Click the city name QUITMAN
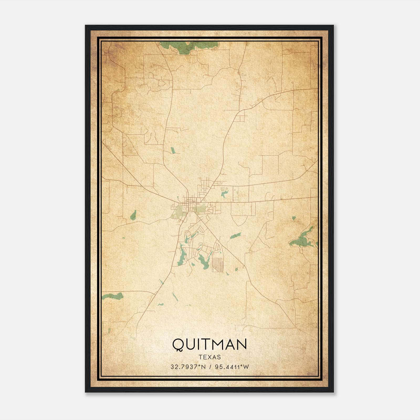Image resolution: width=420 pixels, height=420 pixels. click(209, 344)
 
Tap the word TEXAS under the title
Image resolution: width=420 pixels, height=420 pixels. click(209, 357)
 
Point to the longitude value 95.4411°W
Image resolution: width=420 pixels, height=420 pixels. click(232, 367)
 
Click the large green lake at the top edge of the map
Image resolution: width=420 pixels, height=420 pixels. click(184, 48)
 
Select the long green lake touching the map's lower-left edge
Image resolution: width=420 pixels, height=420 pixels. click(113, 296)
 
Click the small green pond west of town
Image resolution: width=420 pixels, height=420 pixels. click(133, 215)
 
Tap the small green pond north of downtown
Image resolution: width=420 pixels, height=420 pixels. click(173, 150)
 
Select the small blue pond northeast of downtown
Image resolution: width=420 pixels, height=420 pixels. click(224, 195)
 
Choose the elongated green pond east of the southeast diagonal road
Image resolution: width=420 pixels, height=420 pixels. click(235, 235)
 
